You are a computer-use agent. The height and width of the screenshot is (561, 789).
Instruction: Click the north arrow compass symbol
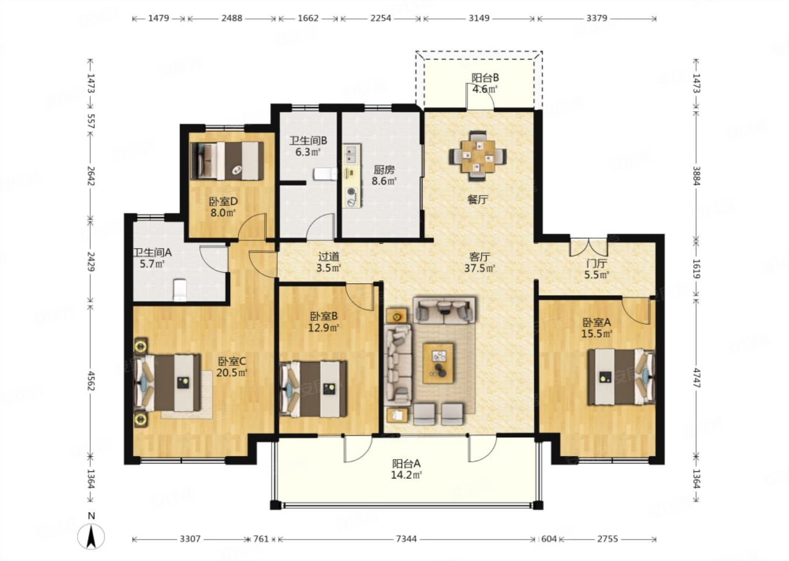[91, 537]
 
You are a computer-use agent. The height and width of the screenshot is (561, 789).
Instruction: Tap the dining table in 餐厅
[478, 156]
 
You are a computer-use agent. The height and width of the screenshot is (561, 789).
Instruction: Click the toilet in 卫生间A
[180, 290]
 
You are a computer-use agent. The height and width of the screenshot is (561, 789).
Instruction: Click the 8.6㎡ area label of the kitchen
[384, 181]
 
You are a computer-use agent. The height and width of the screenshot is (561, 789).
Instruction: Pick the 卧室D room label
[224, 202]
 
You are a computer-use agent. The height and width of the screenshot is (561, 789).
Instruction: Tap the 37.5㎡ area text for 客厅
[479, 268]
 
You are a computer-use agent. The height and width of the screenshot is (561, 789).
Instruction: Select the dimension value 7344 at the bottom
[406, 539]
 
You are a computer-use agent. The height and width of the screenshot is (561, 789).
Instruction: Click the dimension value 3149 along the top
[479, 18]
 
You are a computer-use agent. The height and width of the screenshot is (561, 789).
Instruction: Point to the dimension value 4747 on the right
[696, 378]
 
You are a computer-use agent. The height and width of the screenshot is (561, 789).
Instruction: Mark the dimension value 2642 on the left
[91, 176]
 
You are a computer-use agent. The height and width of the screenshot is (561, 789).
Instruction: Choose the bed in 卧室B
[313, 389]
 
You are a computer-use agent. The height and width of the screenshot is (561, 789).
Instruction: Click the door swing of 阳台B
[481, 96]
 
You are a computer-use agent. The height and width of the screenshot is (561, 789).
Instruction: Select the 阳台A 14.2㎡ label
[407, 469]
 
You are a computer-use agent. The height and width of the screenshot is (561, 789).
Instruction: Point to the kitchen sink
[353, 154]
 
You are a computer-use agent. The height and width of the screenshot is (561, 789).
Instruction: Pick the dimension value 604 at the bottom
[549, 539]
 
